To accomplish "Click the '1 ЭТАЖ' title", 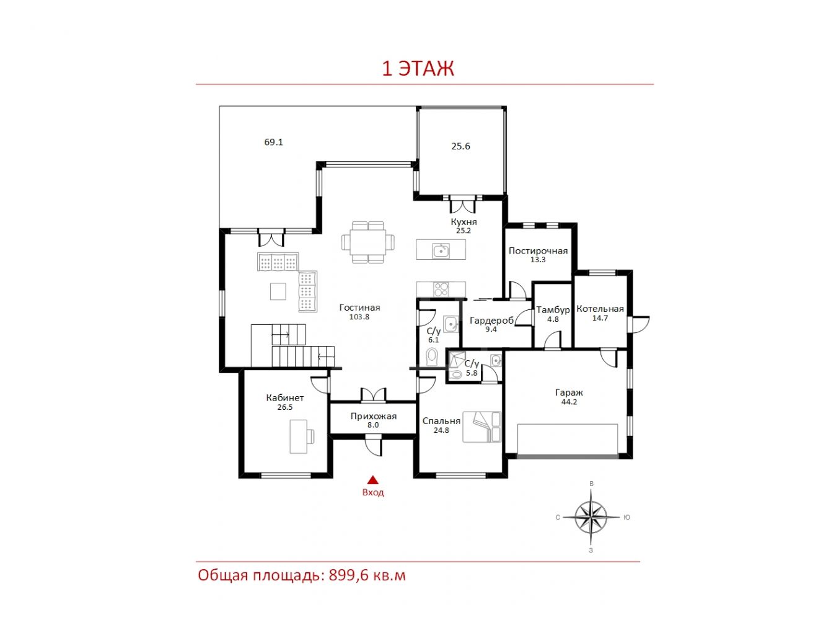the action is point(418,69).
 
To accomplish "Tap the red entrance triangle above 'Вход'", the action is point(372,479).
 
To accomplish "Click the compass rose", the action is point(591,517).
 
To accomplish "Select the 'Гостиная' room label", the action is point(359,308).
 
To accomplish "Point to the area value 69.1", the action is point(273,143).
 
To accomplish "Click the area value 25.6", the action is point(460,146).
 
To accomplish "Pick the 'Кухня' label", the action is point(464,222).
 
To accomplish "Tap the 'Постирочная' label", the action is point(538,251).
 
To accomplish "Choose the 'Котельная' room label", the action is point(600,309).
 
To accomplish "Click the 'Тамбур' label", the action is point(553,310).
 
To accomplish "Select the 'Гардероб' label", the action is point(491,321).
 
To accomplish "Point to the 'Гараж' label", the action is point(569,392).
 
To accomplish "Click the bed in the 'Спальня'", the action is point(481,427).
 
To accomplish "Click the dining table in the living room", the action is point(367,242).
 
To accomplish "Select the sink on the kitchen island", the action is point(441,250).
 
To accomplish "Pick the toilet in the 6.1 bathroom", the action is point(432,357).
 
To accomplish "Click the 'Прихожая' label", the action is point(373,417).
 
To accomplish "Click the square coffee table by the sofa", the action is point(278,291).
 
